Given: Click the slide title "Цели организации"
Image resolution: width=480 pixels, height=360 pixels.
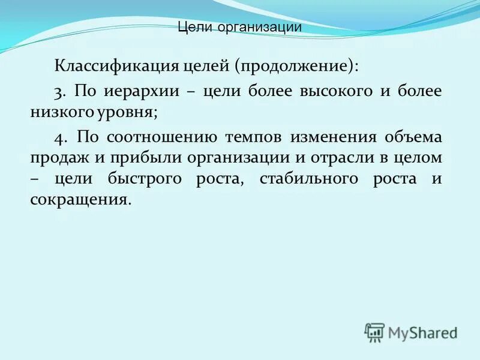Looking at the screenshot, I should point(240,27).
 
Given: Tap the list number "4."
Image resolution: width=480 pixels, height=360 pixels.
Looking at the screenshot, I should point(59,137).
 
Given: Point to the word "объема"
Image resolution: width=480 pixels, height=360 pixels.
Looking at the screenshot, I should point(415,137).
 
